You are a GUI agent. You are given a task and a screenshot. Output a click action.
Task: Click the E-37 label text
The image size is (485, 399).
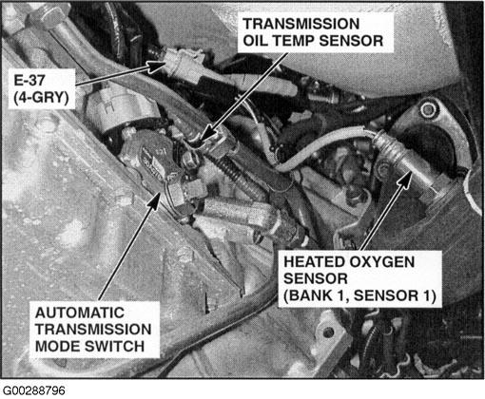pos(29,80)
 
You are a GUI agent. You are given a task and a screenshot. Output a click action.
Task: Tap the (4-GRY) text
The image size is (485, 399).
pos(41,97)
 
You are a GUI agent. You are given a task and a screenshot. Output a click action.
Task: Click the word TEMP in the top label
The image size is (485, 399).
pos(295,41)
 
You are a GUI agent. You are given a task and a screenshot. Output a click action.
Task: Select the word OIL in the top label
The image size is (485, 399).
pos(256,41)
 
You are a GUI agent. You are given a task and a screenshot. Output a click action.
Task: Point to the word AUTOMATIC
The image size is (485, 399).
pos(80,313)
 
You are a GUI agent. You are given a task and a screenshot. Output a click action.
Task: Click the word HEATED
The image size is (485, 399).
pos(314,262)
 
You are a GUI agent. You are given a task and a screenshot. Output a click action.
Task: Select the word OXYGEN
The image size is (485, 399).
pos(381,262)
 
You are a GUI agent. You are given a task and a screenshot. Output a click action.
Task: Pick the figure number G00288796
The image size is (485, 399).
pos(33,390)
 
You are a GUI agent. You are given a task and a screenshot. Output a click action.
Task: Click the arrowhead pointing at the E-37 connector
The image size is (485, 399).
pos(156,66)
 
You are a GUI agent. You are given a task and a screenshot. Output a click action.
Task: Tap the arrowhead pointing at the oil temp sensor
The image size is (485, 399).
pos(206,135)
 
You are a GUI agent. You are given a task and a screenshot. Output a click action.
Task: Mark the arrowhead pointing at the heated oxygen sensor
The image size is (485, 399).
pos(405,178)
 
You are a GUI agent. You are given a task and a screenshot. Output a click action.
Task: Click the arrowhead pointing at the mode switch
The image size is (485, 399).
pos(155,200)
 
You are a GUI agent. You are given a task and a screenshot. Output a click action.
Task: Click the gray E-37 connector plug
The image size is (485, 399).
pos(184,65)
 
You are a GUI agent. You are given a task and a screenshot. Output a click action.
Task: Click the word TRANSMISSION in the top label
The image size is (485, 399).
pos(301,24)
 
